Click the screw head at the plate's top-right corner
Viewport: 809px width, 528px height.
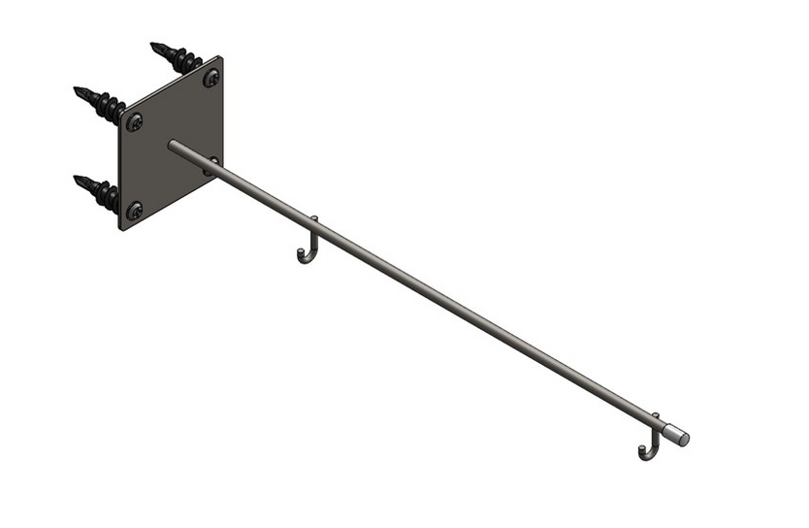[210, 78]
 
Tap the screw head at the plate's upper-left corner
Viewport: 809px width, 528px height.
[134, 121]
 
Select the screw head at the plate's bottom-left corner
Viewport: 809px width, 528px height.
[134, 209]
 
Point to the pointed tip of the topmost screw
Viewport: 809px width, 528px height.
[153, 45]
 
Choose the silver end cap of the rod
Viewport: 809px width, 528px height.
[682, 437]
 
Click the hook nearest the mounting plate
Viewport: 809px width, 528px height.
[307, 248]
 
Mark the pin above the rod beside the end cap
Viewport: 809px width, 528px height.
[656, 416]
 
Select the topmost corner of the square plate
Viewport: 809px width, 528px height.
[221, 57]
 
